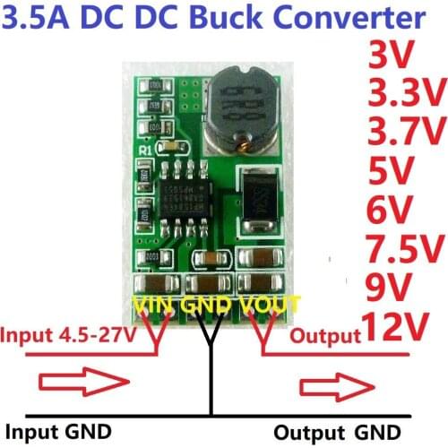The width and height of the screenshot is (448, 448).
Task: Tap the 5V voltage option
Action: pyautogui.click(x=392, y=171)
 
